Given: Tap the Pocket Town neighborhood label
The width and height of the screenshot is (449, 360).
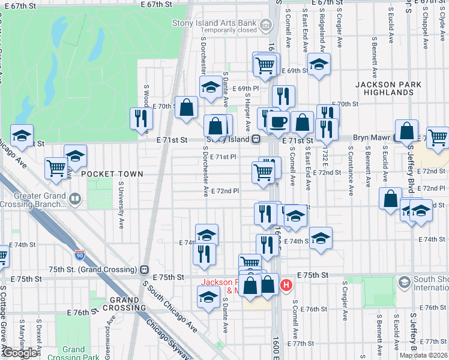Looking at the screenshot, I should coord(112,174).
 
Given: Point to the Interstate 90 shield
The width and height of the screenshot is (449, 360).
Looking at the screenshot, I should coord(79,256).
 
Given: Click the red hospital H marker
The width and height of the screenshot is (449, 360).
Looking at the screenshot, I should coord(286,284).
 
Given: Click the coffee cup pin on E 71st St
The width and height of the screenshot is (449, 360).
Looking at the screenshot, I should coord(277,122).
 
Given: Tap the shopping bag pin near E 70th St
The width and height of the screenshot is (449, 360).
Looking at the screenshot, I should coord(187,108).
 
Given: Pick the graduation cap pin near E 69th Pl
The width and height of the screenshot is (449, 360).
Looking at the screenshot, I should coord(210,88).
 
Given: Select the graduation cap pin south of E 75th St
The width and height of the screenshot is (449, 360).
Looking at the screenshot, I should coord(208,297).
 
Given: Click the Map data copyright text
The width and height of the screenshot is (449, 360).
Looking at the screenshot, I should coord(423,355).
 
